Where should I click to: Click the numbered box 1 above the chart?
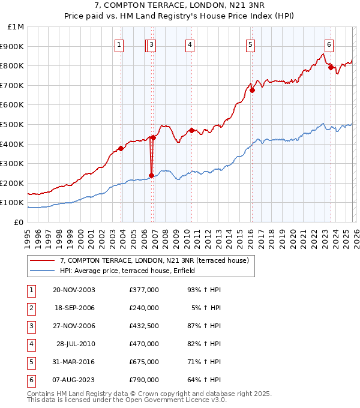point(119,44)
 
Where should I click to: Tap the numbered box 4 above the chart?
point(190,44)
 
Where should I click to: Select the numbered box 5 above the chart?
point(250,44)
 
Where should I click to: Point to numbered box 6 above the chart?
point(329,44)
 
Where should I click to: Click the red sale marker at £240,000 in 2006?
point(151,176)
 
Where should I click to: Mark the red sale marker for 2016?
point(253,91)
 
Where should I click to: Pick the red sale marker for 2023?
point(331,68)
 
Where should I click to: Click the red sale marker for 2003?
point(121,149)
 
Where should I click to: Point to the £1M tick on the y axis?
point(16,27)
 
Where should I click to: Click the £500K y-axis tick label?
point(13,124)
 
